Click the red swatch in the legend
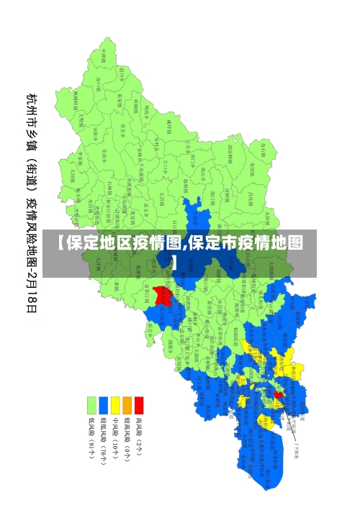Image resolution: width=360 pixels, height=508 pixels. pos(139,404)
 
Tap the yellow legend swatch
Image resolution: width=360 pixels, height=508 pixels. pos(115,404)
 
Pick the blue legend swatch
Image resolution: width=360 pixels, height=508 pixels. pos(104,404)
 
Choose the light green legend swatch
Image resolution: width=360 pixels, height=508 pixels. pos(91,404)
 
